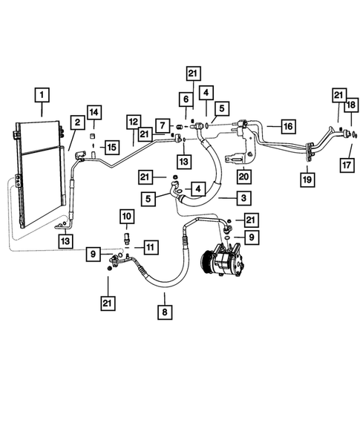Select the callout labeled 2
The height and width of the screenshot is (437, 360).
pos(76,122)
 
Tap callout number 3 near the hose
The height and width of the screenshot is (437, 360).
pos(241,198)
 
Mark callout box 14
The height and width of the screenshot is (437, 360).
pos(94,112)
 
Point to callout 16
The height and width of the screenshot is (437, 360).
pos(287,125)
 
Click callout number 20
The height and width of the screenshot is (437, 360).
pos(243,176)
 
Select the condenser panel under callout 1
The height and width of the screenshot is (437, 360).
pos(39,174)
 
